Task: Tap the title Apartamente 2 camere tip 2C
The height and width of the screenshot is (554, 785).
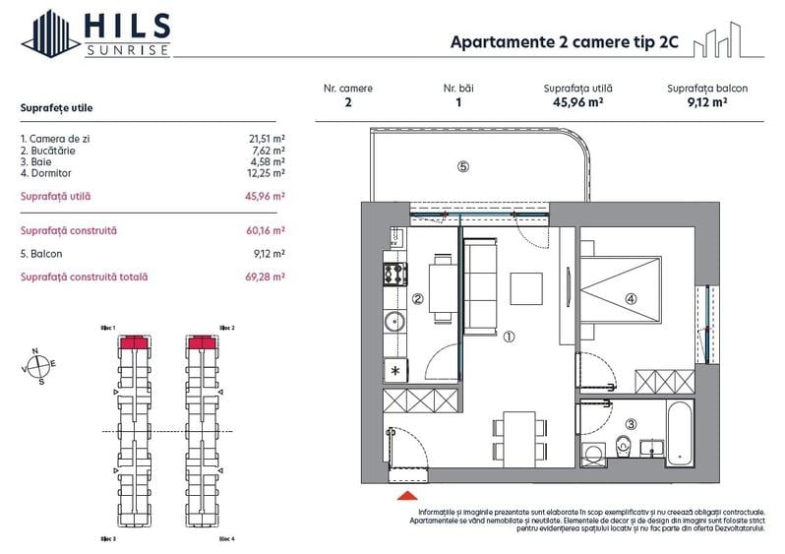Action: click(562, 42)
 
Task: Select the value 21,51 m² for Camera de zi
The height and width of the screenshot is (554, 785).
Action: click(267, 139)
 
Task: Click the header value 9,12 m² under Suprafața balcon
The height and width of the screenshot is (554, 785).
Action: click(706, 100)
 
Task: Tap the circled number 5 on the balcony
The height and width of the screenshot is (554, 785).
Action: click(462, 166)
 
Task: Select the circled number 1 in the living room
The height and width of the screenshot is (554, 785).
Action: click(509, 336)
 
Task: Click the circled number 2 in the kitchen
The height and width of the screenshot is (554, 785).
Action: click(418, 300)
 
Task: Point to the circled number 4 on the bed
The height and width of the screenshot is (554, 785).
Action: click(630, 300)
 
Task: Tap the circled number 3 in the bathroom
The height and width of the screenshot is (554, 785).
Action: click(631, 424)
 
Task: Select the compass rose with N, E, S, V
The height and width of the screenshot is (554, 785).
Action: click(39, 365)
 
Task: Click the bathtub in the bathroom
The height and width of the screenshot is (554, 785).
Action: click(680, 432)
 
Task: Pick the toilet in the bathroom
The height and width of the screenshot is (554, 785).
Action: click(623, 447)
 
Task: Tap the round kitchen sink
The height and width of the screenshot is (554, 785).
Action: click(393, 322)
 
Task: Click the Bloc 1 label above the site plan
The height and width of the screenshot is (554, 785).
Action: click(108, 327)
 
